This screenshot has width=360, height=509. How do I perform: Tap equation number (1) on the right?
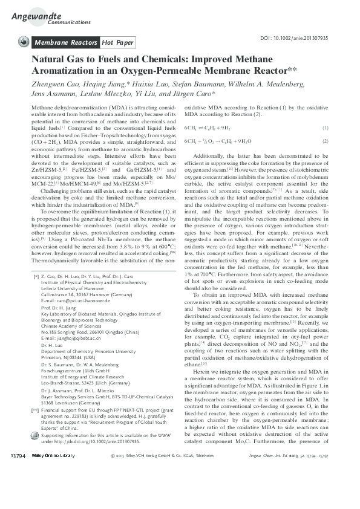[x=325, y=128]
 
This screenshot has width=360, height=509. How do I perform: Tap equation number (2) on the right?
[x=325, y=141]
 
